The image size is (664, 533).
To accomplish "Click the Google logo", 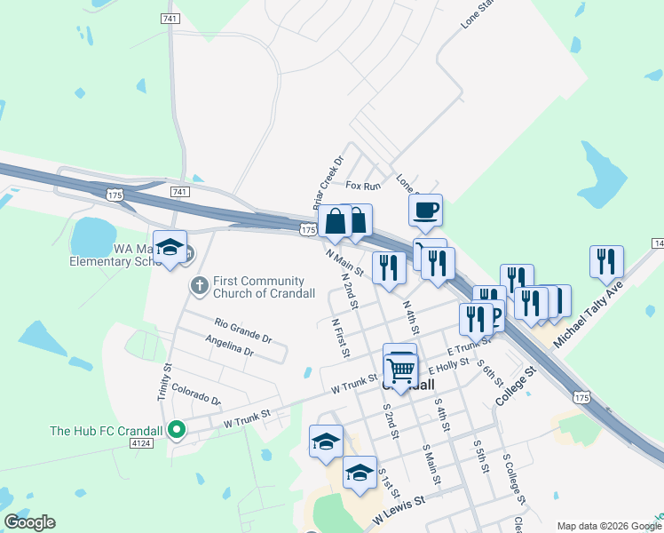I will pos(30,522).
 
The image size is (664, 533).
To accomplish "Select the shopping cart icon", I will pos(401,370).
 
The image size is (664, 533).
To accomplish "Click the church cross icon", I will pos(200,286).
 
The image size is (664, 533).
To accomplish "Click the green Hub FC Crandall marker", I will pos(177,431).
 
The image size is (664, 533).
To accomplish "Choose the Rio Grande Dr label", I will pos(242,330).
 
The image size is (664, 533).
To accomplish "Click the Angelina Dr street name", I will pos(229,347).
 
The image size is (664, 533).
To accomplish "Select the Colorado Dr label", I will pos(195,394).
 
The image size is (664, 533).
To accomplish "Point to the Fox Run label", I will pos(363,186).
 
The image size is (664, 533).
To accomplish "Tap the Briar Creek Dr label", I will pos(328,184).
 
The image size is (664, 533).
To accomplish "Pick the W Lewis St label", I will pos(399,509).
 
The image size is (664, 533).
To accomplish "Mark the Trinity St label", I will pos(164,382).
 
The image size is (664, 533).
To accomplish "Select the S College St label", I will pos(514,480).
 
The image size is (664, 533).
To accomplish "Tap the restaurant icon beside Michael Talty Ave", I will pos(607,261).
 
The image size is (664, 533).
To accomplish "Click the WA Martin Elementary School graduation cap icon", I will pos(169,248).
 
